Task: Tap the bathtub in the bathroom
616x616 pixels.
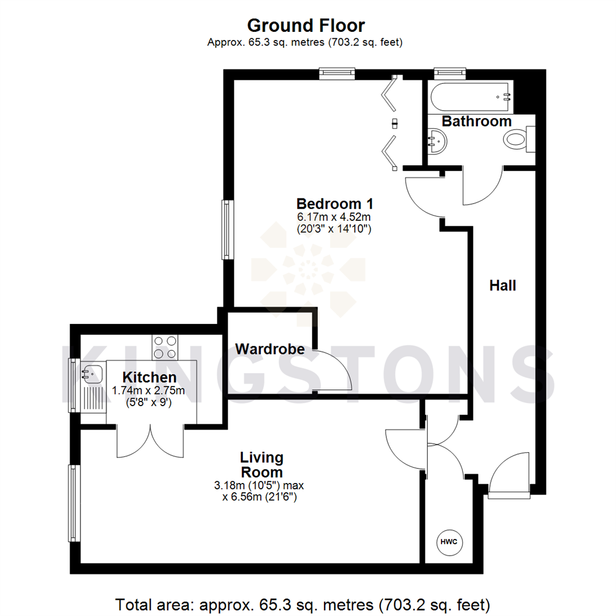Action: (x=471, y=98)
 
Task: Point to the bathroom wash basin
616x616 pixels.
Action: (x=437, y=140)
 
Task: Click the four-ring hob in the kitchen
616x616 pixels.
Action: (x=165, y=347)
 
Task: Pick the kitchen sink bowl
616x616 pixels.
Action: (x=92, y=374)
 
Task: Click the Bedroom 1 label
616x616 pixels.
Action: (x=335, y=204)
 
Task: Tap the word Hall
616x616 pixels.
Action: (x=502, y=286)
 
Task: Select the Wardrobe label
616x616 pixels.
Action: (x=270, y=348)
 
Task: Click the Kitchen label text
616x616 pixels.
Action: (x=150, y=377)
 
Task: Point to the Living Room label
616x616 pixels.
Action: (x=261, y=465)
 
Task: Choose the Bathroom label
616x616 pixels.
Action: (x=477, y=121)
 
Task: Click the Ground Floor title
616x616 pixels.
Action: (x=306, y=26)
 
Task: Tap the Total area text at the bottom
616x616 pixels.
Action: (x=303, y=603)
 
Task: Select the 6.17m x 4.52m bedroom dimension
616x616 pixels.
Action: (x=334, y=217)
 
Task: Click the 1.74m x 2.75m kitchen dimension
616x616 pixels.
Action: (x=149, y=391)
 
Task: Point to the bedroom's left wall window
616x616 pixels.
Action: (x=228, y=229)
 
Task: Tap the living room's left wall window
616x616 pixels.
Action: (x=73, y=503)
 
